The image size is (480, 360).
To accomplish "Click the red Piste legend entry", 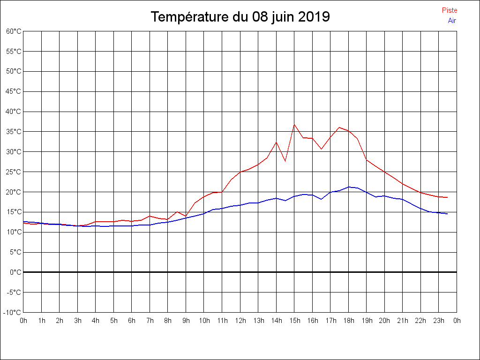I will click(449, 10).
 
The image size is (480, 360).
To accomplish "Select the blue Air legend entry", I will click(452, 21).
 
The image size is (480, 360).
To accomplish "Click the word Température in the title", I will click(190, 17).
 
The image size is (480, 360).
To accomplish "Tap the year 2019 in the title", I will click(314, 17).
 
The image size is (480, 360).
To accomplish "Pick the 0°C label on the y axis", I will click(15, 272).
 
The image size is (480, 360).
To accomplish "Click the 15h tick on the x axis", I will click(294, 321).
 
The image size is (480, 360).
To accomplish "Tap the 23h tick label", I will click(439, 321).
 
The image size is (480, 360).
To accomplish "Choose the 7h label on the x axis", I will click(150, 321).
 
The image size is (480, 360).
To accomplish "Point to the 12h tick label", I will click(240, 321).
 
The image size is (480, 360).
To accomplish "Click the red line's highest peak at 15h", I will click(294, 125).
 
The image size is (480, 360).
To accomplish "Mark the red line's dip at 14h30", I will click(285, 161).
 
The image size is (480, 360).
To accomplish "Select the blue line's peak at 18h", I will click(348, 187).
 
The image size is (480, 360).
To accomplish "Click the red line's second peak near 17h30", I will click(339, 127).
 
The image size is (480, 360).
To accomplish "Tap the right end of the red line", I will click(448, 197).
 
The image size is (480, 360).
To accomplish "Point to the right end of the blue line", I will click(448, 214).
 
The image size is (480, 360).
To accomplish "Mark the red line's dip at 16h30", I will click(321, 149).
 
